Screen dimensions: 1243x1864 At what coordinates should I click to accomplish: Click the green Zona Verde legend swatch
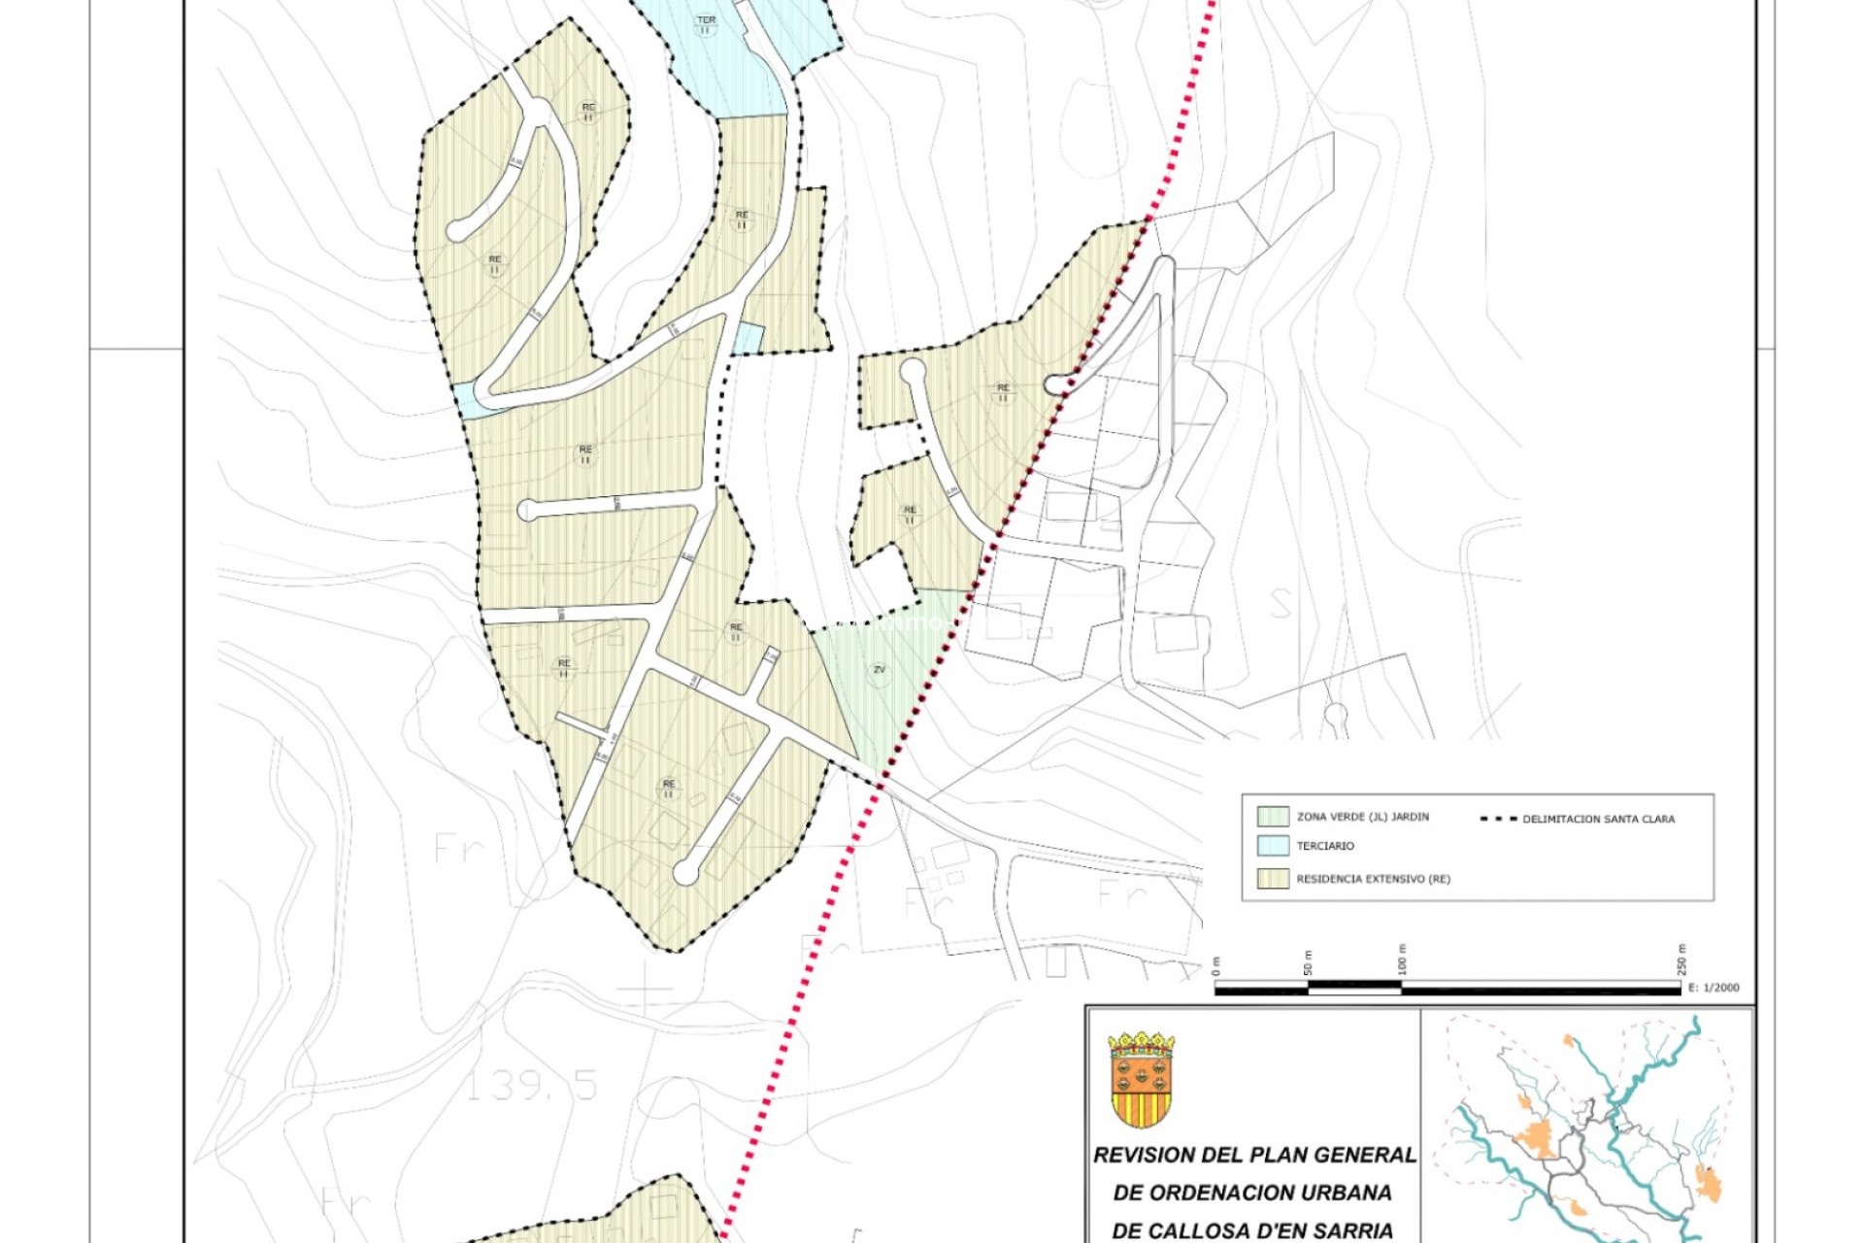click(1273, 816)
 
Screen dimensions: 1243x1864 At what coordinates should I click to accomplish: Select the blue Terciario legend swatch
click(1273, 846)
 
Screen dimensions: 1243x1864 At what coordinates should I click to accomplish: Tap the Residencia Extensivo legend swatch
click(1273, 878)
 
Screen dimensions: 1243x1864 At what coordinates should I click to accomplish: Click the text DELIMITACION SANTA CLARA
click(1598, 819)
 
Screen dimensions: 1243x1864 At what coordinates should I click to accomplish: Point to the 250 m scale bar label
click(1681, 959)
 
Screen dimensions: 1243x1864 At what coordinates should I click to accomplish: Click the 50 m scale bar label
click(1308, 962)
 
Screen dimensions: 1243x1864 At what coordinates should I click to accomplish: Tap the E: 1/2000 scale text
click(1714, 988)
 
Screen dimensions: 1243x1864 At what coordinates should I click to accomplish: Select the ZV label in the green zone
click(879, 670)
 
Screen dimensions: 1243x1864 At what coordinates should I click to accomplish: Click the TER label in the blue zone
click(706, 20)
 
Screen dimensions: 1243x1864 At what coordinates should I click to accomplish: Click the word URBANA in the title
click(1347, 1193)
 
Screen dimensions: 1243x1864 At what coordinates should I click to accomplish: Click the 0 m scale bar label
click(1215, 967)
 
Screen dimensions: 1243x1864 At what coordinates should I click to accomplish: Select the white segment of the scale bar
click(1354, 988)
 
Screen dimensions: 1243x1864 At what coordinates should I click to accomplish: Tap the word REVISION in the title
click(1144, 1156)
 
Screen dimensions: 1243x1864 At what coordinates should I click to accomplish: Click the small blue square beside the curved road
click(748, 338)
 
